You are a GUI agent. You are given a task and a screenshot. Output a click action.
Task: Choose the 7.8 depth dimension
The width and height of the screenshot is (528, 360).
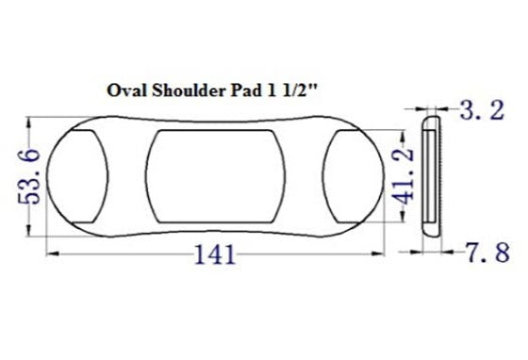(488, 252)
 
